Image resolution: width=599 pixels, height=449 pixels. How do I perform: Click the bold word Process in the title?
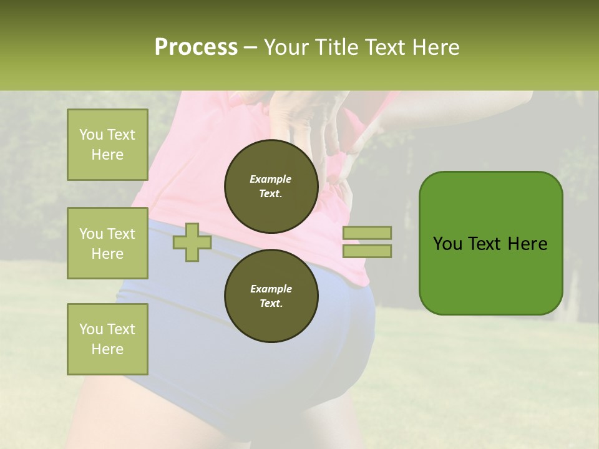click(x=196, y=47)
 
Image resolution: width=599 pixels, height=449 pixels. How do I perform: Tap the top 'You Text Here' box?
click(x=107, y=145)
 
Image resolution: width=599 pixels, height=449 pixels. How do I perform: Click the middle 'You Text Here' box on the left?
click(x=107, y=243)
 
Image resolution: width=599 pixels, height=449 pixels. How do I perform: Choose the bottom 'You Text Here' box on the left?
click(x=107, y=339)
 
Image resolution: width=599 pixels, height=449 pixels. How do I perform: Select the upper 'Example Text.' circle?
click(x=271, y=186)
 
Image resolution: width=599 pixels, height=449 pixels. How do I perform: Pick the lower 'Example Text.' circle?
click(x=271, y=296)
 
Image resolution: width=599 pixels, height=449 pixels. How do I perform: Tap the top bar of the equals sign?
click(x=367, y=233)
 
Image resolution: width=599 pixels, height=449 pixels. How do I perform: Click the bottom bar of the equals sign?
click(x=367, y=251)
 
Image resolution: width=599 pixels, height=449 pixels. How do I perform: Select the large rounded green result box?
click(x=490, y=243)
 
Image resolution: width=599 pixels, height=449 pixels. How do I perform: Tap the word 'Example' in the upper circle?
click(x=271, y=179)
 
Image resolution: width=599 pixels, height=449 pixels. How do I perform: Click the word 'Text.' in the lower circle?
click(x=271, y=304)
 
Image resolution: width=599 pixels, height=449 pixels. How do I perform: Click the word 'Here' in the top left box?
click(x=107, y=155)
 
